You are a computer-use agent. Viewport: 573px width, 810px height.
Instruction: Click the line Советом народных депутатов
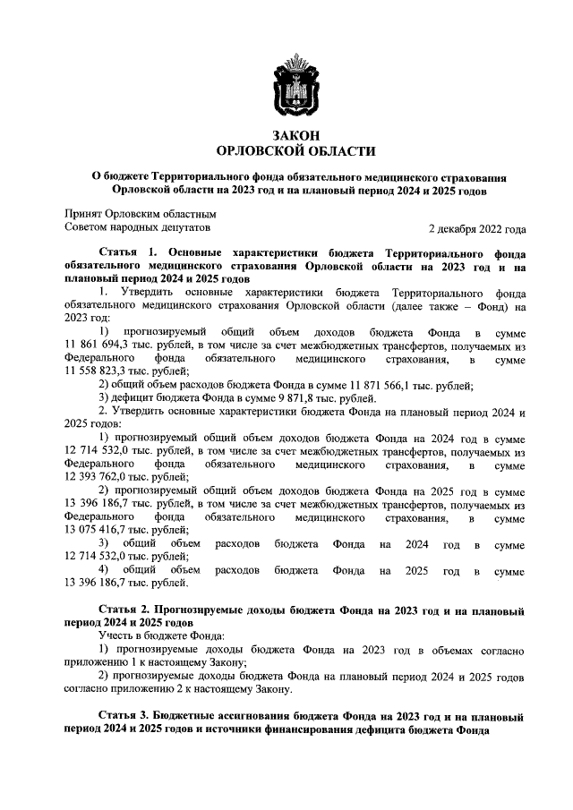pos(141,228)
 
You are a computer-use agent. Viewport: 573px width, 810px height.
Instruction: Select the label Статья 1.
pos(128,253)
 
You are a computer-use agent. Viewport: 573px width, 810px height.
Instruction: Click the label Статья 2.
pos(128,610)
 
